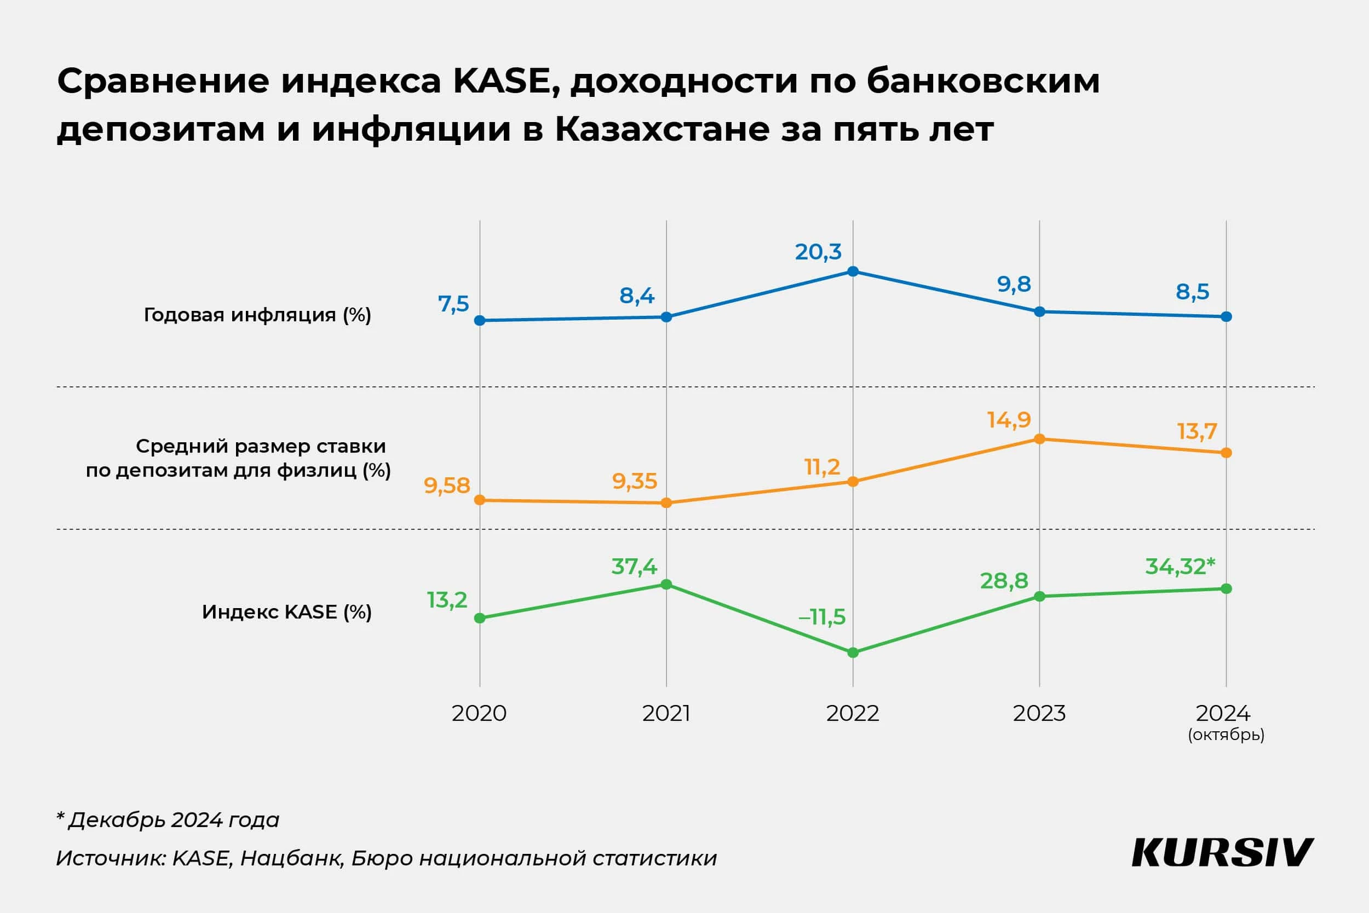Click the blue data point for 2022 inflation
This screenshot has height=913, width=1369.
[853, 271]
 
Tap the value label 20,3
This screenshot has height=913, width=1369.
[818, 252]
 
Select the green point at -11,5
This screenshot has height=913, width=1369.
[853, 652]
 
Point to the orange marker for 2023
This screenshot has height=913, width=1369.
[1039, 439]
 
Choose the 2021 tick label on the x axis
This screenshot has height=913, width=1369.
[666, 713]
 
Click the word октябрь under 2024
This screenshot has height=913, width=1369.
[1226, 735]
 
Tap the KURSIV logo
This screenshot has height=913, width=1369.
[1222, 853]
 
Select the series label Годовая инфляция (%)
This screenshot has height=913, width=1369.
[257, 315]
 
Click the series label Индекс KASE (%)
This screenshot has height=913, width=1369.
[286, 612]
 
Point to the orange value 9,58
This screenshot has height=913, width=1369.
[447, 486]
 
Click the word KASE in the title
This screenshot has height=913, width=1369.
[502, 81]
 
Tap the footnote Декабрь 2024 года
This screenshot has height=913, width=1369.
[174, 820]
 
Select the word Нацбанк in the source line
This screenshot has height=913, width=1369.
[291, 858]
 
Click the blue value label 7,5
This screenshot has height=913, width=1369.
[453, 304]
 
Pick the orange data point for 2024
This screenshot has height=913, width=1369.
[1226, 453]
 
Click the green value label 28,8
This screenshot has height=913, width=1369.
[1004, 581]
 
